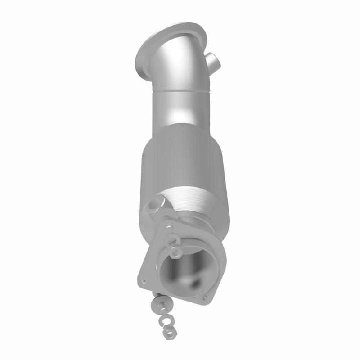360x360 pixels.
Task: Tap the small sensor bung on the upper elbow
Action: pos(211,59)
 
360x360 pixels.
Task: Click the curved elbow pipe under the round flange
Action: pos(180,67)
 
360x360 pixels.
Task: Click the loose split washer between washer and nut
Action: pos(167,320)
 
